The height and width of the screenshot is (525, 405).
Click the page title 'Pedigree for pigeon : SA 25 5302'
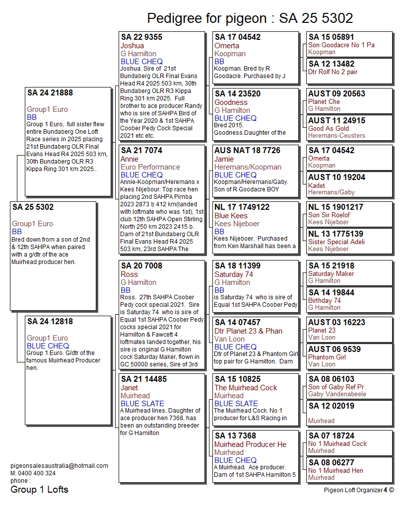(250, 18)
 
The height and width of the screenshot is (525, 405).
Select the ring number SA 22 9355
(141, 37)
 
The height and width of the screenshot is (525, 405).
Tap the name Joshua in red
(132, 46)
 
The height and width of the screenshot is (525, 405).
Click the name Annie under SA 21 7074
(130, 159)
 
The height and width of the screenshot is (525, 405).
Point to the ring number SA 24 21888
(50, 92)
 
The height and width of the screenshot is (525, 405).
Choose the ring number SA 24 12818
(50, 321)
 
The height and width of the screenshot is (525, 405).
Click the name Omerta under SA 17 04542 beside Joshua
(226, 46)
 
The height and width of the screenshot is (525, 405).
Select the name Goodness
(231, 102)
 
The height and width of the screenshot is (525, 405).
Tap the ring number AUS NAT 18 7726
(247, 150)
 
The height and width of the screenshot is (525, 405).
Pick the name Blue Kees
(231, 216)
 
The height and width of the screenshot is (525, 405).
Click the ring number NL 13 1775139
(336, 234)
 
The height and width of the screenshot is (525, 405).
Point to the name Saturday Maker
(331, 273)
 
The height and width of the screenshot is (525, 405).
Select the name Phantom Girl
(327, 357)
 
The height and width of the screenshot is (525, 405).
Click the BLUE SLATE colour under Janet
(142, 404)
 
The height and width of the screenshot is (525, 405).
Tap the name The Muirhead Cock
(246, 388)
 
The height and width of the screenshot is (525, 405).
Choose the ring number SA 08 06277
(331, 462)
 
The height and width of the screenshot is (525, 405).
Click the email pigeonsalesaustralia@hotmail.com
(59, 466)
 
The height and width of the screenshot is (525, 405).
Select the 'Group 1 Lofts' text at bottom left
(39, 490)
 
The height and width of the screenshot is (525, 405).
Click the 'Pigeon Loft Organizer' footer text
(352, 490)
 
